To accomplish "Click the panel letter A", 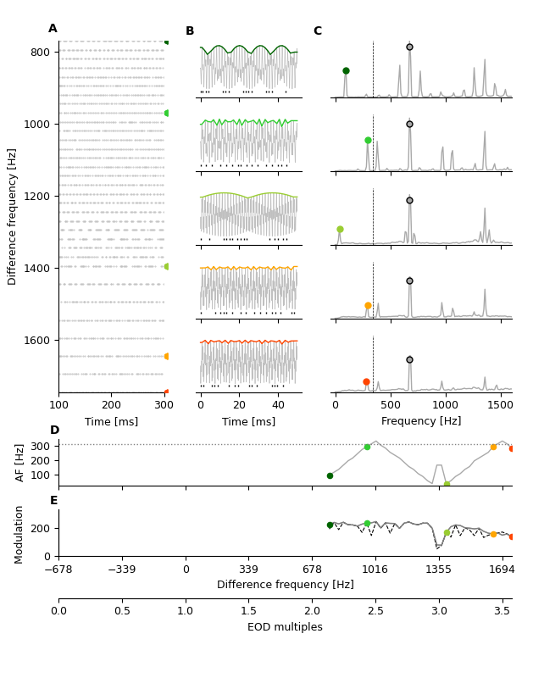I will point(53,29).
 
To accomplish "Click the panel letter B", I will point(190,31).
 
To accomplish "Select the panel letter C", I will point(317,31).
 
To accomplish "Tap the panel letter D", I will point(54,431).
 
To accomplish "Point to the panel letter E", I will point(53,501).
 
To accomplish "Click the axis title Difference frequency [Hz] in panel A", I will point(13,216).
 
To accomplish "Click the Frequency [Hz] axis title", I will point(421,421).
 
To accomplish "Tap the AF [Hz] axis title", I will point(20,462).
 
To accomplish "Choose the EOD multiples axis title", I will point(285,627).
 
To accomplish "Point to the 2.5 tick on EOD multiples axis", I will point(375,611).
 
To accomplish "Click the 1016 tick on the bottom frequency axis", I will point(375,570).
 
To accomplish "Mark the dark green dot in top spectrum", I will point(346,70).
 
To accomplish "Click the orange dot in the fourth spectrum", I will point(368,305).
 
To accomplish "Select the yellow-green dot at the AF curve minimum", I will point(447,485).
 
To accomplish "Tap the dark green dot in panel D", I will point(330,475).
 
